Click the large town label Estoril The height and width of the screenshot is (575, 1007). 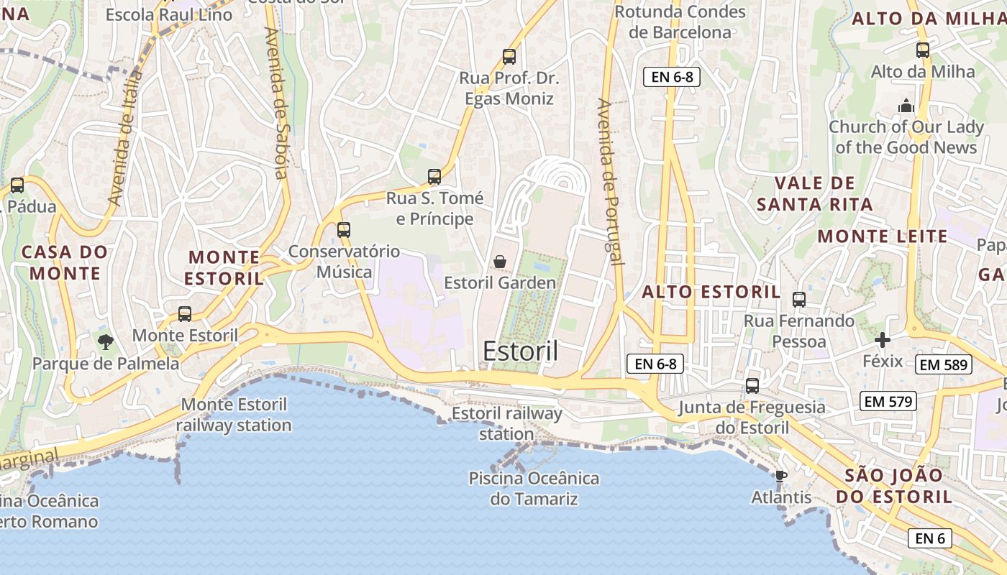(520, 351)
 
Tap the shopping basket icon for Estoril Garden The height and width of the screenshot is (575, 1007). (499, 262)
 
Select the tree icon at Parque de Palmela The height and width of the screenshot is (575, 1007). (106, 341)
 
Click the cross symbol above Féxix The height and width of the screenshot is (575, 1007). (883, 339)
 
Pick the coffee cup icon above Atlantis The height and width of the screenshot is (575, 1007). (780, 476)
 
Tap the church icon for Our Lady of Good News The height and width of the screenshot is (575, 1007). (906, 106)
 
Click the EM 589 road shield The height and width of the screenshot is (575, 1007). (944, 364)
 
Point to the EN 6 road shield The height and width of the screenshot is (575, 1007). (929, 538)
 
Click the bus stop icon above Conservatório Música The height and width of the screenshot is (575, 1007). (344, 230)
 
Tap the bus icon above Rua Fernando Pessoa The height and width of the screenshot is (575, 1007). (798, 300)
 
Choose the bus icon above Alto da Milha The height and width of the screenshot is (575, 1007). (923, 50)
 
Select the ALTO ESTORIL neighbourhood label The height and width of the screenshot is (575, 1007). (711, 292)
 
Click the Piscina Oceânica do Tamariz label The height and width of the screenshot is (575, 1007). (534, 488)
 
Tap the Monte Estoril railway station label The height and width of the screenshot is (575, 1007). (234, 415)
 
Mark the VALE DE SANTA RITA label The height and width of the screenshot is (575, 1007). (814, 194)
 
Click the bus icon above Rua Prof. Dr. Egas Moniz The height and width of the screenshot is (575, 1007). (509, 56)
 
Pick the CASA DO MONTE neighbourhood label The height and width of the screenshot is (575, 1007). (65, 262)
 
